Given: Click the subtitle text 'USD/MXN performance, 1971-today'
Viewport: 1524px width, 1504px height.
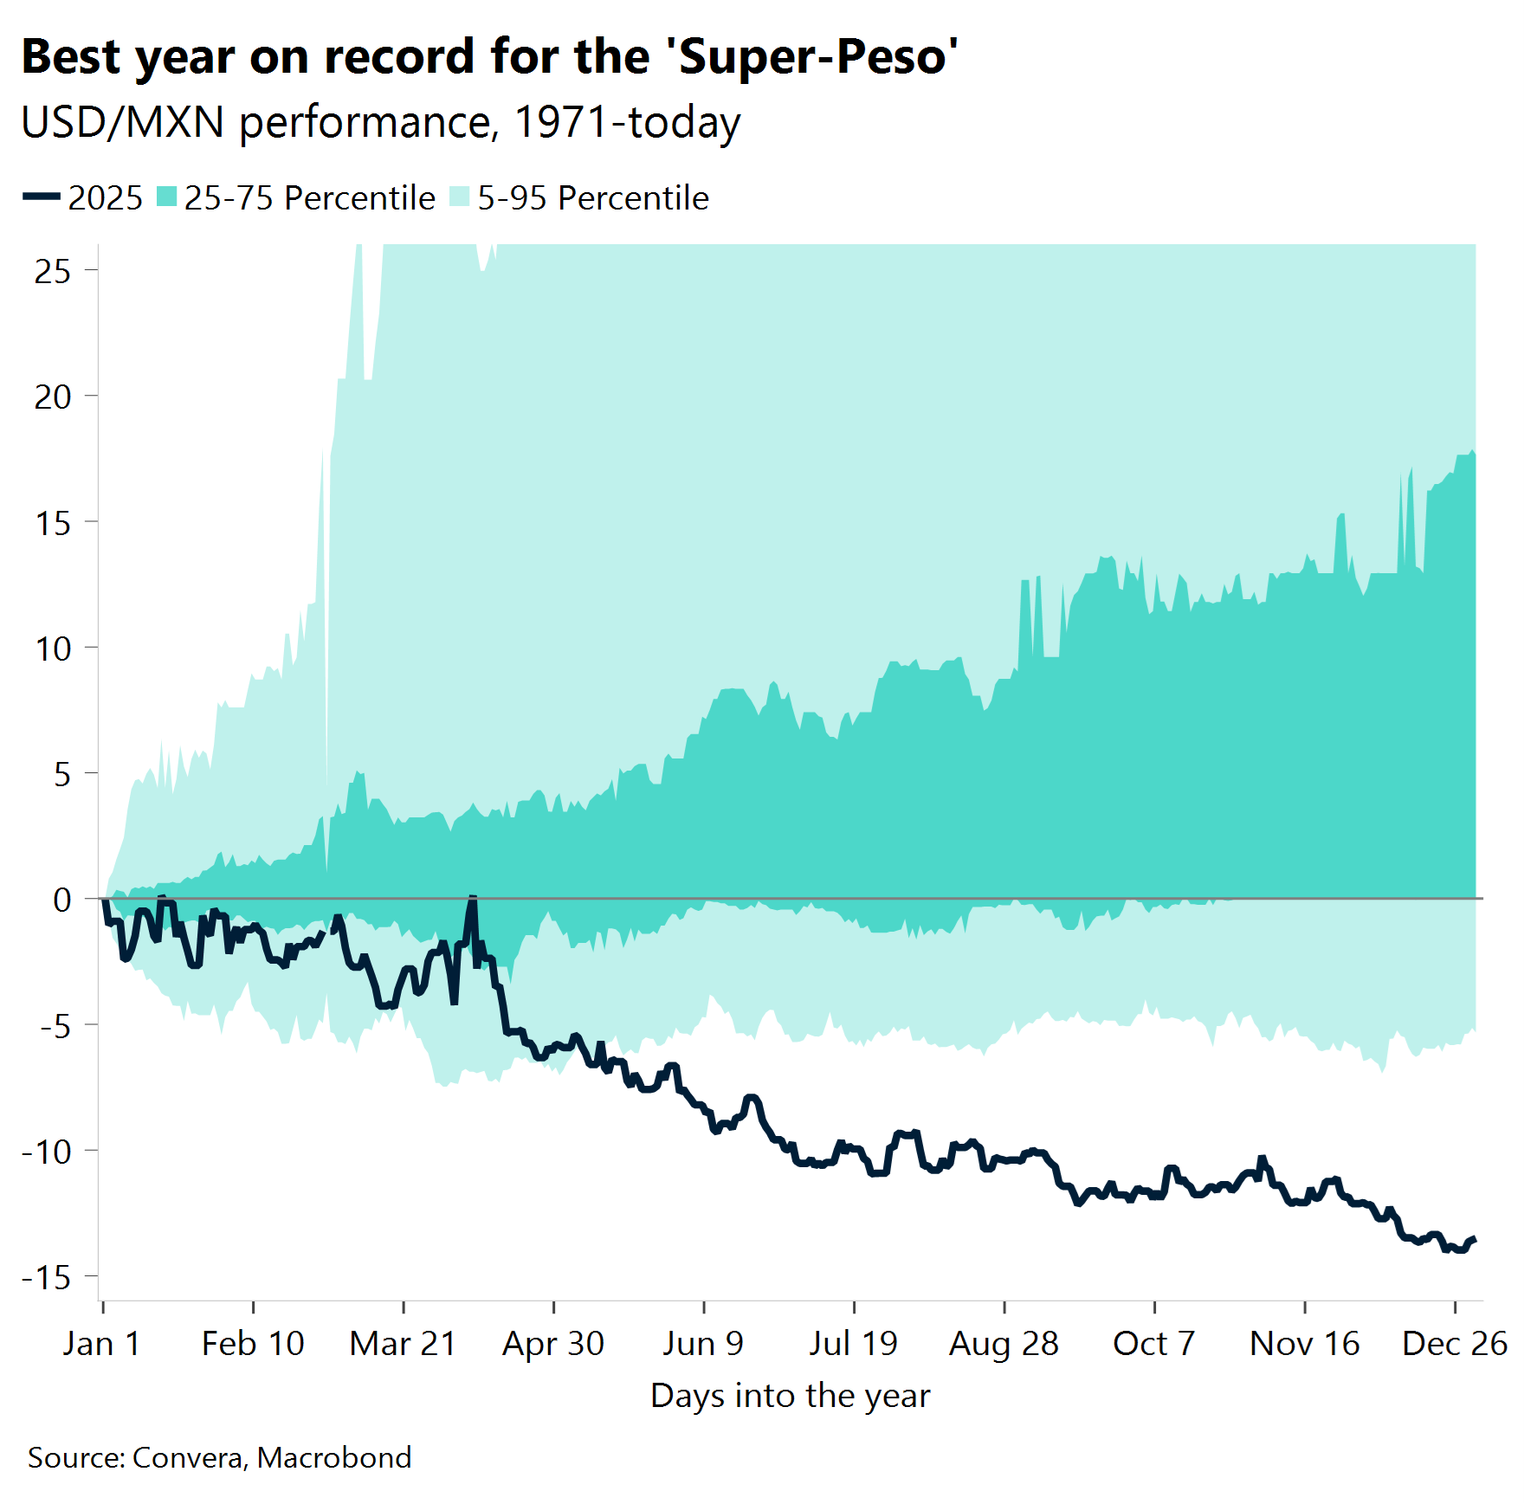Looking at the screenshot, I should tap(381, 122).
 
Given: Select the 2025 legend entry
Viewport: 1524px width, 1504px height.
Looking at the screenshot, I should tap(83, 197).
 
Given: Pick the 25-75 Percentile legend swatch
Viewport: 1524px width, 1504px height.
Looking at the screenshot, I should tap(167, 197).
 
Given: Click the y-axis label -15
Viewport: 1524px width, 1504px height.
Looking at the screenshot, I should tap(47, 1277).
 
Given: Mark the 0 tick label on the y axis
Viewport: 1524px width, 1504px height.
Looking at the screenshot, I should tap(61, 900).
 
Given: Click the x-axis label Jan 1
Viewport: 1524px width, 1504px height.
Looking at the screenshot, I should tap(101, 1344).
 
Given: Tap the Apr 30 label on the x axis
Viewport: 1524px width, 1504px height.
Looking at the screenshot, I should tap(553, 1344).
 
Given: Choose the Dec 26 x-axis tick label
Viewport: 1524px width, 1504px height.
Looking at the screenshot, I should tap(1454, 1344).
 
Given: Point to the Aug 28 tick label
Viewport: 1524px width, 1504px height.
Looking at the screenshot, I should tap(1004, 1344).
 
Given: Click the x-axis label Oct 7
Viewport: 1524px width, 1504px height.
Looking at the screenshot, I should tap(1153, 1344).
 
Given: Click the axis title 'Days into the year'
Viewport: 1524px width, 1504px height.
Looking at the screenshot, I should tap(790, 1396).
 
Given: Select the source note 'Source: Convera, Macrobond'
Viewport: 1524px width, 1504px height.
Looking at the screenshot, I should tap(219, 1457).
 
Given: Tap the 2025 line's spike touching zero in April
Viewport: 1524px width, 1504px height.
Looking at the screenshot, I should tap(472, 899).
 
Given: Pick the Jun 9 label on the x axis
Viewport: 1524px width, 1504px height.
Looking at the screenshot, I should tap(703, 1344).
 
